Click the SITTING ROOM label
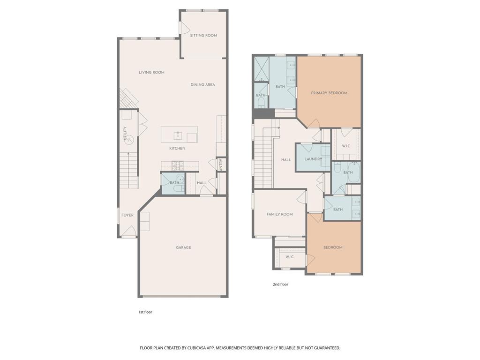tap(203, 36)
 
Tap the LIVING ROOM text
tap(151, 73)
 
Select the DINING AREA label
tap(202, 85)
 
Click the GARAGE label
tap(183, 247)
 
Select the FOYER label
tap(127, 215)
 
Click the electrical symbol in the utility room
tap(129, 139)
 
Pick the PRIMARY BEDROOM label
tap(329, 93)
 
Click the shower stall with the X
tap(261, 69)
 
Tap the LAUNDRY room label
tap(313, 159)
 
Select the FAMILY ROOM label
tap(279, 214)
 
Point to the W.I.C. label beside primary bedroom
tap(346, 146)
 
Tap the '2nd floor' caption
tap(280, 284)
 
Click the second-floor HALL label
tap(286, 160)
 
